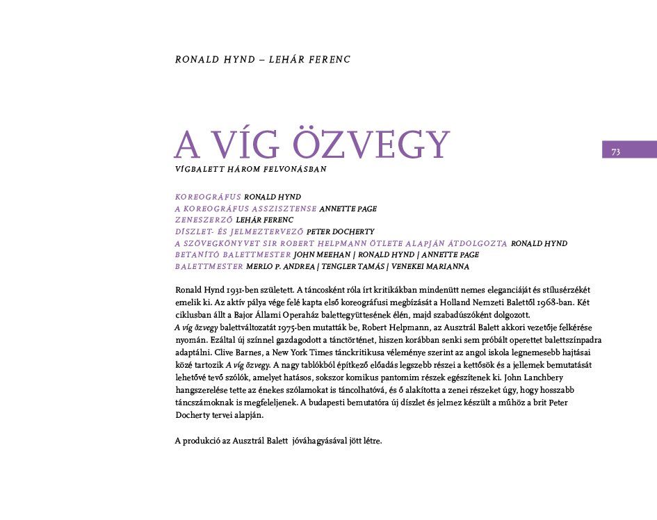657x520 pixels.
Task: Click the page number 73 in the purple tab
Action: pos(615,152)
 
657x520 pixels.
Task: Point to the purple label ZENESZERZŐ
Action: pos(204,220)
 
